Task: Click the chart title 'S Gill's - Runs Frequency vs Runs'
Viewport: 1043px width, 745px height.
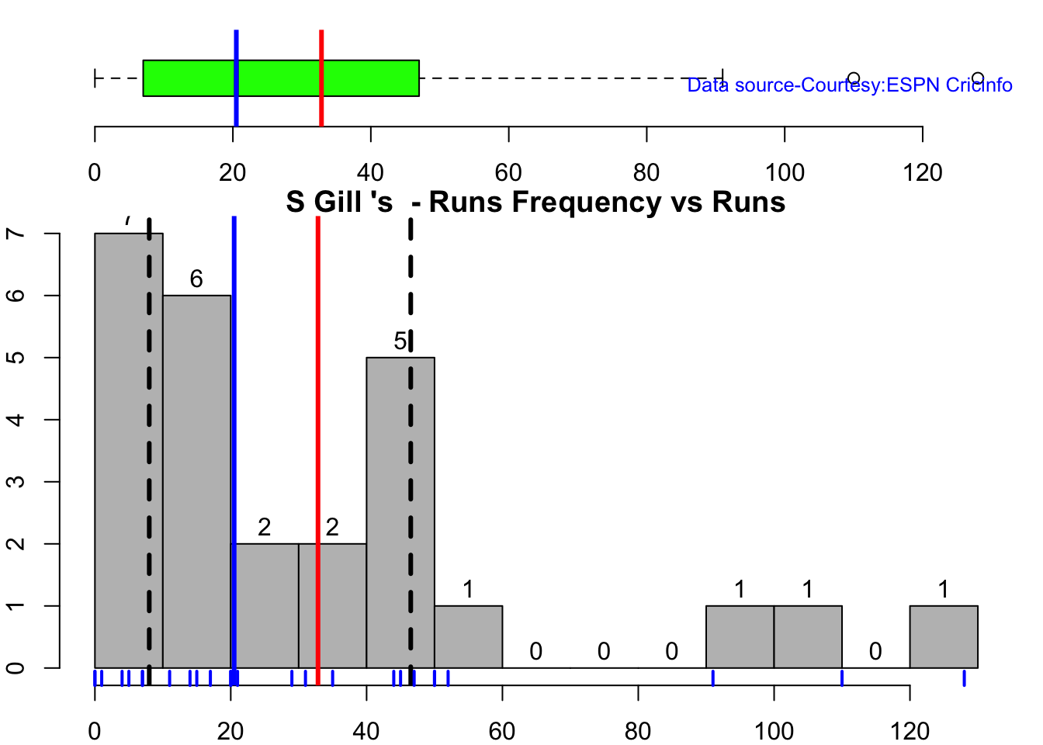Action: click(535, 203)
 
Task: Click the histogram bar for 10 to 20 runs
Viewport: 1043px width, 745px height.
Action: click(196, 481)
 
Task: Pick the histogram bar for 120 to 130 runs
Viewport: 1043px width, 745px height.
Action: click(943, 636)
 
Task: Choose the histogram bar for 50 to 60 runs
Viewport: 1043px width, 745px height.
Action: click(468, 636)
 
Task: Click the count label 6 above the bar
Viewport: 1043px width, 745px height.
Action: click(196, 279)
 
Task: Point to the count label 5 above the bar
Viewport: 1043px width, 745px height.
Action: click(400, 341)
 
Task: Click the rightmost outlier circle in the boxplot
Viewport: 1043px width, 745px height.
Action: click(978, 78)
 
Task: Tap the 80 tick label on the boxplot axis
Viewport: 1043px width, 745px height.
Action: click(646, 172)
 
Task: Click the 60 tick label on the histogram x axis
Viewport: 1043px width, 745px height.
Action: click(502, 730)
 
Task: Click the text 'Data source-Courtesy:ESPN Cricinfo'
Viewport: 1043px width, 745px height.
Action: click(850, 85)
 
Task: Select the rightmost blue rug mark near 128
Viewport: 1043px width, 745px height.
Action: click(964, 678)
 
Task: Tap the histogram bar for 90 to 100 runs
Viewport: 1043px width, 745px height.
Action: click(740, 636)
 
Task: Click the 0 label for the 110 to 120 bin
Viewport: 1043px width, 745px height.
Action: click(875, 651)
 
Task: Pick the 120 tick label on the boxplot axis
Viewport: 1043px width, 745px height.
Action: click(923, 172)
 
